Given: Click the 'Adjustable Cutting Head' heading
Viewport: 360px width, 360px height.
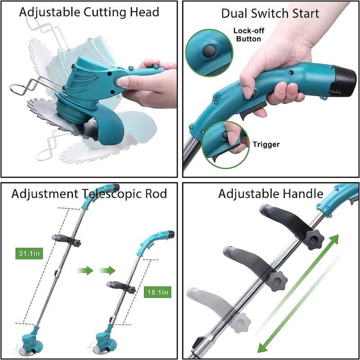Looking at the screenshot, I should [89, 12].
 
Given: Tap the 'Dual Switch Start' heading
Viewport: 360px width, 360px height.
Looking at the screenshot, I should [270, 13].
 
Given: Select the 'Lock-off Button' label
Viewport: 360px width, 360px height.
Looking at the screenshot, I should [247, 35].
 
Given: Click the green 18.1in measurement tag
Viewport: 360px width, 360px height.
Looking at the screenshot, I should [157, 292].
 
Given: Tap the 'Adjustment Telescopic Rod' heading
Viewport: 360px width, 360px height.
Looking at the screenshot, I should [89, 194].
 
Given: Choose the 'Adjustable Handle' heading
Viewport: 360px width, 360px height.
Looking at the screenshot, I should [270, 194].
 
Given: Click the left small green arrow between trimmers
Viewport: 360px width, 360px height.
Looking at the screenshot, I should [84, 271].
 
